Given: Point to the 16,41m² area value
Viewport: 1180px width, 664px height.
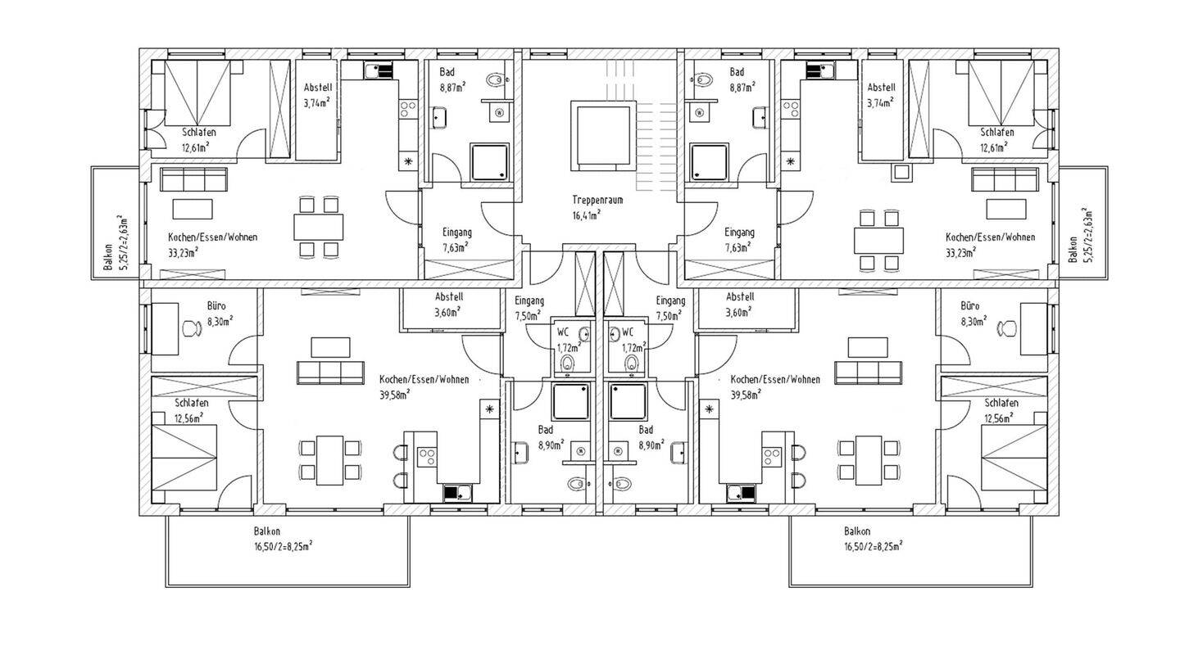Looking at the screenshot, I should click(x=586, y=215).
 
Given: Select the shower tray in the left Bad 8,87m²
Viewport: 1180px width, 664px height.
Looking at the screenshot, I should click(x=489, y=162).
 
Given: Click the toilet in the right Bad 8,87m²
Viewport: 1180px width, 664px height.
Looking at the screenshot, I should click(x=701, y=80).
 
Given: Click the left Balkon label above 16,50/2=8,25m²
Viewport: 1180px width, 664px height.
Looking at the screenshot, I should click(x=266, y=531).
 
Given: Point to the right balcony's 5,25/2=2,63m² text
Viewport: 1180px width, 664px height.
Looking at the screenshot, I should click(x=1087, y=237).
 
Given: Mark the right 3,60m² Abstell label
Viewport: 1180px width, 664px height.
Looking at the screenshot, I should click(x=740, y=296).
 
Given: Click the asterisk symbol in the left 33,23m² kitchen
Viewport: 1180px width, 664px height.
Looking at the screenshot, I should click(x=407, y=162).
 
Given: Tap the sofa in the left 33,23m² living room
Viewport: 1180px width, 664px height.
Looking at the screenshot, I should click(x=193, y=179).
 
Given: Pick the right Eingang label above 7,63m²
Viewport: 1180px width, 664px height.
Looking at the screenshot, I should click(x=739, y=233).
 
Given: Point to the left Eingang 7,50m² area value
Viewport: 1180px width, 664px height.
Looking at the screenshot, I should click(x=529, y=316).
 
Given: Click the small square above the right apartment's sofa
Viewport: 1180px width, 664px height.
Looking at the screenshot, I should click(x=901, y=173).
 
